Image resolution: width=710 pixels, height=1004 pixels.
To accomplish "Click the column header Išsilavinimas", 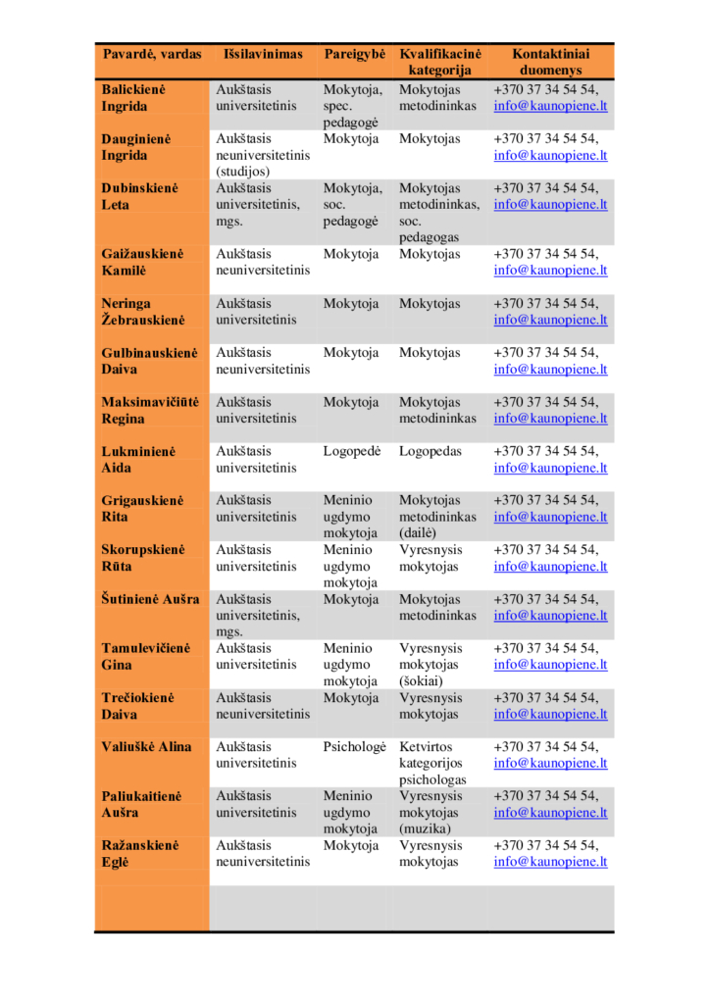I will [x=263, y=55].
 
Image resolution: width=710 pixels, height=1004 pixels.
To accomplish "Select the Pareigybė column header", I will [x=354, y=55].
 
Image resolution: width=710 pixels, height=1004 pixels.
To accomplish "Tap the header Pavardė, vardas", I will [x=152, y=55].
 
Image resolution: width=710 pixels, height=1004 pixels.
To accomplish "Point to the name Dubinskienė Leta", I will [x=143, y=196].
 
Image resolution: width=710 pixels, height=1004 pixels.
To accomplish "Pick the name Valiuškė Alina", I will [x=147, y=747].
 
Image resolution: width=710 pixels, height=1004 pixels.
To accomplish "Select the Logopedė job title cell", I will [x=351, y=452].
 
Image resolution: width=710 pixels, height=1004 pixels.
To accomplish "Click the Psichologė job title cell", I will [x=355, y=747].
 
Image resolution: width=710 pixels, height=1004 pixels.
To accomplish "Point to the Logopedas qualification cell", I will [x=430, y=452].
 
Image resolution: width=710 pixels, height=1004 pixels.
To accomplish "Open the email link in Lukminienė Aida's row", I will [x=550, y=469].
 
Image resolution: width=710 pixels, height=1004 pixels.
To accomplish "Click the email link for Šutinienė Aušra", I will [x=550, y=616].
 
